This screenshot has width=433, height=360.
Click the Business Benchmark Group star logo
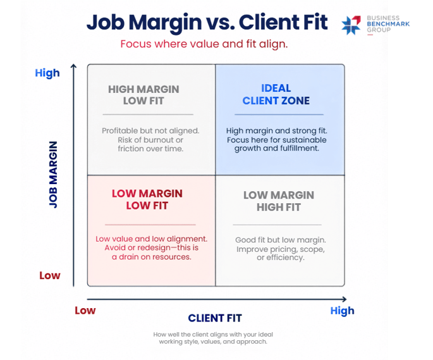351,25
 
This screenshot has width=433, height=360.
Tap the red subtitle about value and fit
204,44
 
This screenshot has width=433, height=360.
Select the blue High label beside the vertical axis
47,73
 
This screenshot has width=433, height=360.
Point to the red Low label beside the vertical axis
50,275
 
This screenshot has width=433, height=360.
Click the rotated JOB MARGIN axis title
53,175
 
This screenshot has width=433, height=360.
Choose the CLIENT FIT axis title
215,318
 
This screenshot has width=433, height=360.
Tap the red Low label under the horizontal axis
85,311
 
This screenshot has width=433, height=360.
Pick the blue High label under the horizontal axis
342,311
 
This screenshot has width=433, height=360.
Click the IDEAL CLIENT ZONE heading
276,94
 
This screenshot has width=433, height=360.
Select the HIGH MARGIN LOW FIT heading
143,95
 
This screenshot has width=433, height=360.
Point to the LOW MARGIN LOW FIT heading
147,200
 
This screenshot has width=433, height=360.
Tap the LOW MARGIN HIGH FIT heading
279,201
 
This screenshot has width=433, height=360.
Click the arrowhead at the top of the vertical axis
73,66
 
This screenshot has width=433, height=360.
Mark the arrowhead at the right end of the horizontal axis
345,299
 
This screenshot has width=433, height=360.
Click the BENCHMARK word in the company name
388,24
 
